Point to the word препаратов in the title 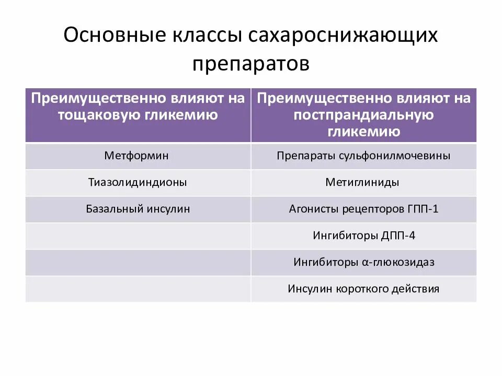(251, 64)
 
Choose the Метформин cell (137, 156)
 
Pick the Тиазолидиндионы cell (138, 182)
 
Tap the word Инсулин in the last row (309, 289)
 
